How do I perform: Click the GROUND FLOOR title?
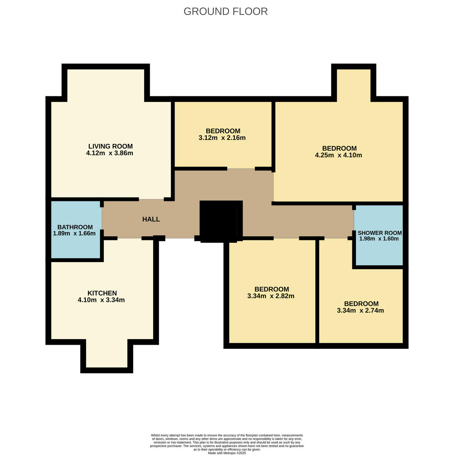tap(226, 11)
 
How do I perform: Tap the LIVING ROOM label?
tap(110, 146)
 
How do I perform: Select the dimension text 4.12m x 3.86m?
tap(110, 154)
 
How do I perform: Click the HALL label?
tap(151, 219)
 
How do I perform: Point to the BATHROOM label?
tap(75, 227)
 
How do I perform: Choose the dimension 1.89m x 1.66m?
tap(74, 234)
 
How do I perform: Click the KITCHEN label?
tap(102, 293)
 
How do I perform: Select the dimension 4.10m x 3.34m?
tap(101, 300)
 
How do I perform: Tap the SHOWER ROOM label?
tap(380, 233)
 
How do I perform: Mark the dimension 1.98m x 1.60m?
tap(379, 239)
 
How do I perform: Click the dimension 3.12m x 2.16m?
tap(222, 138)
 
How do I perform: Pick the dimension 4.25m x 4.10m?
tap(339, 155)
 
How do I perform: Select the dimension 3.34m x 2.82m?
tap(271, 296)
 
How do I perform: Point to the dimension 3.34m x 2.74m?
tap(360, 311)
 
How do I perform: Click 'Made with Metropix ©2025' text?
tap(227, 453)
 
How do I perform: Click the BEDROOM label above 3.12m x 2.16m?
tap(223, 131)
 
